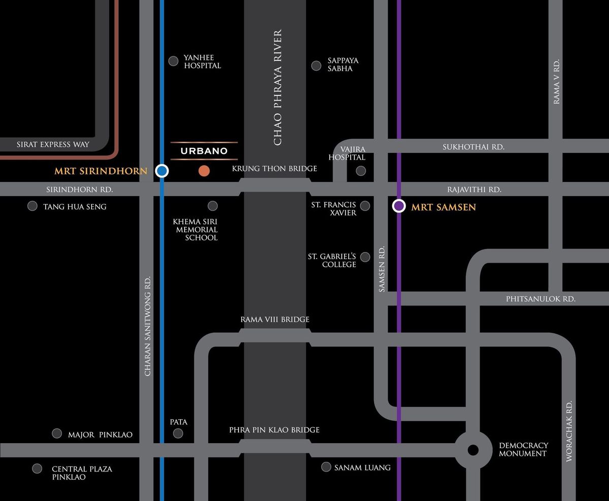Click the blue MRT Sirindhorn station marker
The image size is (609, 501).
(162, 171)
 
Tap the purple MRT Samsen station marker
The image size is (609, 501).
(399, 206)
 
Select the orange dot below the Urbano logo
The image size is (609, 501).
(204, 171)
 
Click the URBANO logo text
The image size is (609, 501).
(204, 151)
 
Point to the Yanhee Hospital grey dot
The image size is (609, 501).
(173, 61)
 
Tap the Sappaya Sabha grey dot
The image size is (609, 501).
(316, 66)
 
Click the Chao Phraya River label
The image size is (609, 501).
(277, 87)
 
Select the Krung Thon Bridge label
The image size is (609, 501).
(275, 169)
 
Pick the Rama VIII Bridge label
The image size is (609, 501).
(275, 320)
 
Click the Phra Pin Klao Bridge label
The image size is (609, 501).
(274, 430)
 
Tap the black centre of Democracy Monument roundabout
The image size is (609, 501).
(472, 450)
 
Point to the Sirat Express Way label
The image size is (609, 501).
(53, 144)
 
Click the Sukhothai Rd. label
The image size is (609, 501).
(473, 147)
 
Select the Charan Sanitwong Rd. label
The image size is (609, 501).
(148, 326)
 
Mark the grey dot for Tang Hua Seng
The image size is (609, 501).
(32, 206)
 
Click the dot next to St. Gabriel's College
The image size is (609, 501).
(365, 257)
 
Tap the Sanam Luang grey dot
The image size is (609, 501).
(326, 466)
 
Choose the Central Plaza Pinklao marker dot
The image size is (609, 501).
(37, 468)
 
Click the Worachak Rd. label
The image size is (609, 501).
(569, 431)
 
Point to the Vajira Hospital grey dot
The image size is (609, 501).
(361, 171)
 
